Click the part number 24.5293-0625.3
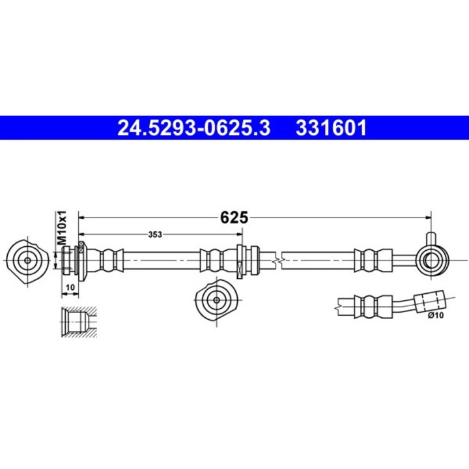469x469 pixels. [x=193, y=128]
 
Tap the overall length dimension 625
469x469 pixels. [x=234, y=218]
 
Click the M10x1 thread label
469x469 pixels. [x=63, y=227]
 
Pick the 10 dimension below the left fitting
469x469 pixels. [x=70, y=287]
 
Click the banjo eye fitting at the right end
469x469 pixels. [x=431, y=260]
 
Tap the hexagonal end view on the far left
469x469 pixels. [x=27, y=260]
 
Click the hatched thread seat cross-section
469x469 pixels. [x=78, y=321]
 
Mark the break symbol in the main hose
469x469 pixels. [x=279, y=260]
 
